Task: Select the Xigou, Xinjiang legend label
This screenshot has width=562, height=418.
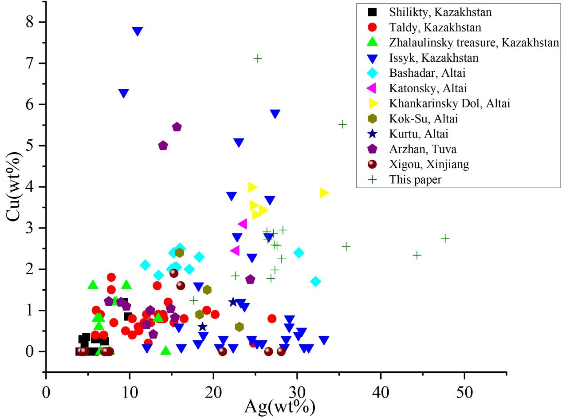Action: [x=429, y=164]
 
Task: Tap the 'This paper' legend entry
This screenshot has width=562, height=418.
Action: [x=415, y=179]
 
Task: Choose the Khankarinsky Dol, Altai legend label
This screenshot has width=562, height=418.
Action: [x=449, y=103]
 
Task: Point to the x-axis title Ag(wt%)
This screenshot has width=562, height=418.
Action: [x=279, y=406]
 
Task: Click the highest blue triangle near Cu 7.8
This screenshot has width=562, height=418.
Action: [x=138, y=31]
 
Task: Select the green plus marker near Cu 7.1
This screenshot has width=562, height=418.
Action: [x=258, y=58]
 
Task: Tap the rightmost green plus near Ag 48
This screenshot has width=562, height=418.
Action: [x=445, y=238]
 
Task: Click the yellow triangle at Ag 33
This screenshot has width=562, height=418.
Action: [x=324, y=193]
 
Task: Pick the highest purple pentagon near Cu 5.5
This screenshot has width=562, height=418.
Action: [x=177, y=127]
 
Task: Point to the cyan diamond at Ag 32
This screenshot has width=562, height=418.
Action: [x=315, y=281]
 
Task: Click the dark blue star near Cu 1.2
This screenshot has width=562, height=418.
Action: [x=233, y=302]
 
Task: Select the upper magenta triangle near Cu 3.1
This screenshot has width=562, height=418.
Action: [x=243, y=224]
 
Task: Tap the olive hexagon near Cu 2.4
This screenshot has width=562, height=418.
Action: [x=180, y=253]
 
